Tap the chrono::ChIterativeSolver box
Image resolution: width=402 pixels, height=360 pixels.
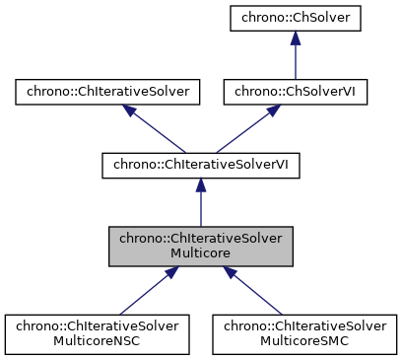coord(107,93)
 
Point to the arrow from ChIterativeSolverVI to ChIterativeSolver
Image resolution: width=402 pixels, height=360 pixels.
coord(158,132)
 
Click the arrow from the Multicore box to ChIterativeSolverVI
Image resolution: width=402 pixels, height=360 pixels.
coord(201,205)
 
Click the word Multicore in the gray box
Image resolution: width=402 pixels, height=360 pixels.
coord(201,253)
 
